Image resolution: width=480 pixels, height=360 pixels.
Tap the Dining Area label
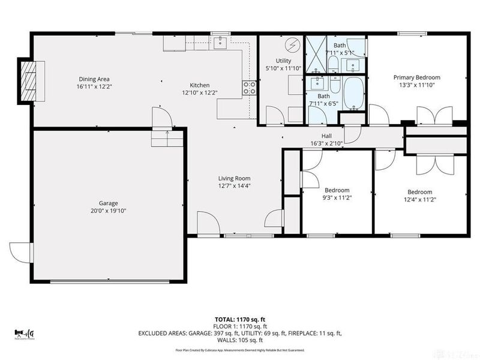pyautogui.click(x=94, y=79)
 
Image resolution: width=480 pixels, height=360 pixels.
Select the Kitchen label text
pyautogui.click(x=200, y=85)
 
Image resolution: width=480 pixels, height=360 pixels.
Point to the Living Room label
pyautogui.click(x=234, y=178)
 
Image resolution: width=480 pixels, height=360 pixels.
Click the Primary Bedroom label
pyautogui.click(x=416, y=77)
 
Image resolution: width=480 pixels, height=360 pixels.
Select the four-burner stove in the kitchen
pyautogui.click(x=250, y=89)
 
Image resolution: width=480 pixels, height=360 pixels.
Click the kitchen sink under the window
pyautogui.click(x=220, y=41)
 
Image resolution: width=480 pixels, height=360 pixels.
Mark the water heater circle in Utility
pyautogui.click(x=293, y=44)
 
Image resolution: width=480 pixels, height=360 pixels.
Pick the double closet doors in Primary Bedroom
pyautogui.click(x=432, y=115)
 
